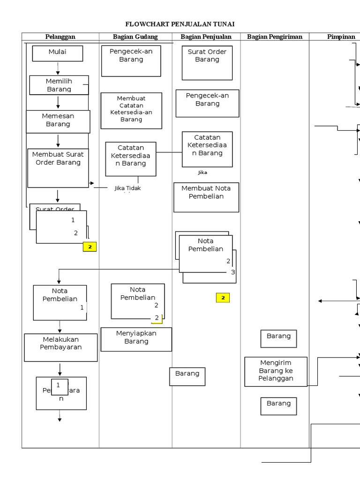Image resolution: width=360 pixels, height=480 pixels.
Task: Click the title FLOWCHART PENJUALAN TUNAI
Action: point(180,24)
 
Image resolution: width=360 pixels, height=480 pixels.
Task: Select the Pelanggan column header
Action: point(60,37)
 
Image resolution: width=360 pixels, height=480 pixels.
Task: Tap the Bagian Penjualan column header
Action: point(206,37)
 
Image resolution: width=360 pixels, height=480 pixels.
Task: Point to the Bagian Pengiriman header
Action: point(275,37)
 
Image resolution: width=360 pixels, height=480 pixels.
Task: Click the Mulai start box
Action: point(58,53)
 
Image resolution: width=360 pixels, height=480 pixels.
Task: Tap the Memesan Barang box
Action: point(58,121)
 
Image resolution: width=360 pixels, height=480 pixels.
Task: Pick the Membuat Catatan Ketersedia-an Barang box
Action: point(131,110)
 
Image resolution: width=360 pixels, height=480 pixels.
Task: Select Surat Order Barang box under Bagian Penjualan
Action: point(207,62)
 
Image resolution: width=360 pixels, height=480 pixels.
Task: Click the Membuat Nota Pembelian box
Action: point(206,197)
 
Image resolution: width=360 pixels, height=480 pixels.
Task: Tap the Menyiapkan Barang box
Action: point(136,339)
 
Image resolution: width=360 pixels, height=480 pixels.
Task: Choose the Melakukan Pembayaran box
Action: point(60,347)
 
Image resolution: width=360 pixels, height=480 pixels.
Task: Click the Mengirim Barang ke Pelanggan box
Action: point(276,371)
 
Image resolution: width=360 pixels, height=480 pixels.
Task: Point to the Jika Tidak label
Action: point(127,188)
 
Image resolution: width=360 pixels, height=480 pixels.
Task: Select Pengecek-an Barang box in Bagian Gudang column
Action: point(131,60)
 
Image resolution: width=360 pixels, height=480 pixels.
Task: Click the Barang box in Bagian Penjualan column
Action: point(187,376)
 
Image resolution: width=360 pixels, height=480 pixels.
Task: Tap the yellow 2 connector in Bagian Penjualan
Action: point(223,298)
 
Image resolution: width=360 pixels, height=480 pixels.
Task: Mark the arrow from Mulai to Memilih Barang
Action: point(58,68)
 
